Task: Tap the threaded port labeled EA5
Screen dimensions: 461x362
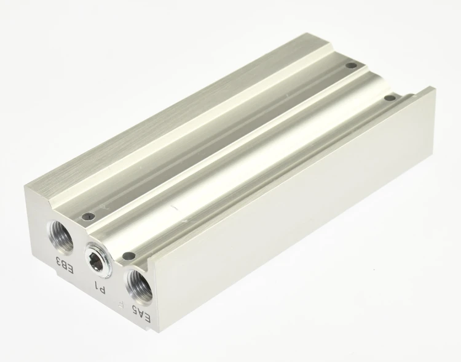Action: tap(139, 284)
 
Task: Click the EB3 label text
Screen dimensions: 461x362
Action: tap(64, 265)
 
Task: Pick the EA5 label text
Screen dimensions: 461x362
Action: tap(142, 314)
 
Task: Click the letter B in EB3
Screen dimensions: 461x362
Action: tap(64, 265)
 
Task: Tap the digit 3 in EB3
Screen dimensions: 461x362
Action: tap(58, 260)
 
